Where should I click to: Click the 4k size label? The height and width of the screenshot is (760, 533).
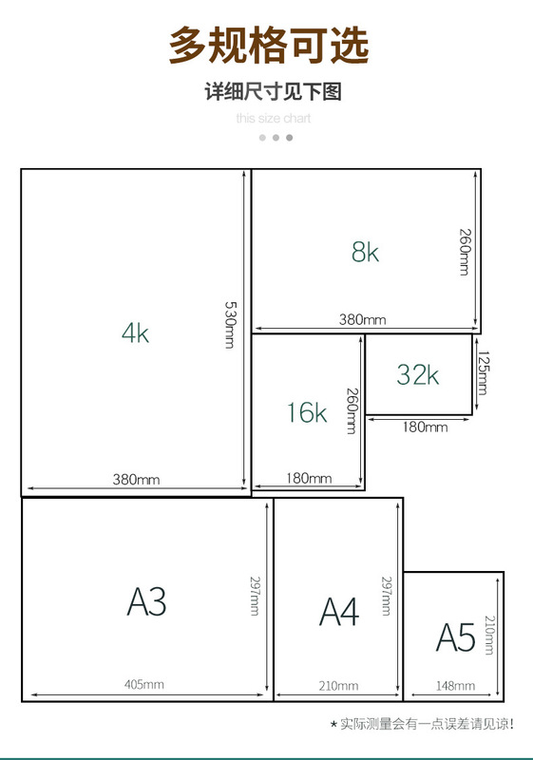click(x=135, y=333)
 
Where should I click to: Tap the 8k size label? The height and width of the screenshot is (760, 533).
click(x=365, y=252)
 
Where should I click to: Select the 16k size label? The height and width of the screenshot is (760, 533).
click(x=307, y=412)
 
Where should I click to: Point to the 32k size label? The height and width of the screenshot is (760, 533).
click(x=418, y=374)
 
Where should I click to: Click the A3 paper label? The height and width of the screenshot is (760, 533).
click(x=146, y=601)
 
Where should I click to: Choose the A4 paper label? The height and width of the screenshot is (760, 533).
click(x=339, y=611)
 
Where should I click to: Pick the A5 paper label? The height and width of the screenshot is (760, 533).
click(x=455, y=636)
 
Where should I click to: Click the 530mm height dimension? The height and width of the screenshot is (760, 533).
click(x=231, y=325)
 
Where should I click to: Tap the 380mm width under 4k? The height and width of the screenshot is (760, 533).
click(x=136, y=480)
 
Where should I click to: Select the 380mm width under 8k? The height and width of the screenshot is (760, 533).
click(x=362, y=319)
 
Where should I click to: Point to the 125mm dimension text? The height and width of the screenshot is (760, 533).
click(x=483, y=372)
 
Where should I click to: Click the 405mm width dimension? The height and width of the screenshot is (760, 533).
click(x=143, y=684)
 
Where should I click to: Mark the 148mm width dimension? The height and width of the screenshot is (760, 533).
click(x=455, y=686)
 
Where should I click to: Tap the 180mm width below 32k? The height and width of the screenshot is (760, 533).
click(x=425, y=427)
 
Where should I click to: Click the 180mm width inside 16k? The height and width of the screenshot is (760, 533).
click(x=309, y=479)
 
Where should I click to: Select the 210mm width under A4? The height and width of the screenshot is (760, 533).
click(x=338, y=686)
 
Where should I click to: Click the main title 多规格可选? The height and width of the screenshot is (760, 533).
click(x=269, y=45)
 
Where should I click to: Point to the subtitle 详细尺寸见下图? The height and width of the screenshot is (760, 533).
click(x=274, y=91)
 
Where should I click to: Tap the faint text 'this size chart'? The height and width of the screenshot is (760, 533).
click(x=274, y=118)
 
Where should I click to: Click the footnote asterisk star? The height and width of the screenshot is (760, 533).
click(x=333, y=725)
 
